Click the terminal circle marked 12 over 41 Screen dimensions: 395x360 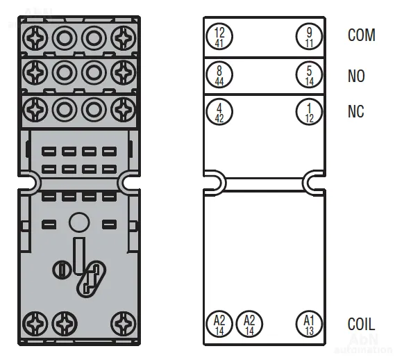point(219,36)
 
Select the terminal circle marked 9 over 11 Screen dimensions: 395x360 point(309,36)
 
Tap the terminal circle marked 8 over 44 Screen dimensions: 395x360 point(219,74)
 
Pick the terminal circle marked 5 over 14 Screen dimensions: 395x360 point(309,74)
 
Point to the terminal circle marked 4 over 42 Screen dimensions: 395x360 point(219,112)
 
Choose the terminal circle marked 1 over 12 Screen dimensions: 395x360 point(309,112)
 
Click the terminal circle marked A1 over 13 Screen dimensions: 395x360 point(309,324)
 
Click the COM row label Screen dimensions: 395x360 point(362,35)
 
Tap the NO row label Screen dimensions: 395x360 point(356,76)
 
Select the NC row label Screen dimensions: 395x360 point(355,111)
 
